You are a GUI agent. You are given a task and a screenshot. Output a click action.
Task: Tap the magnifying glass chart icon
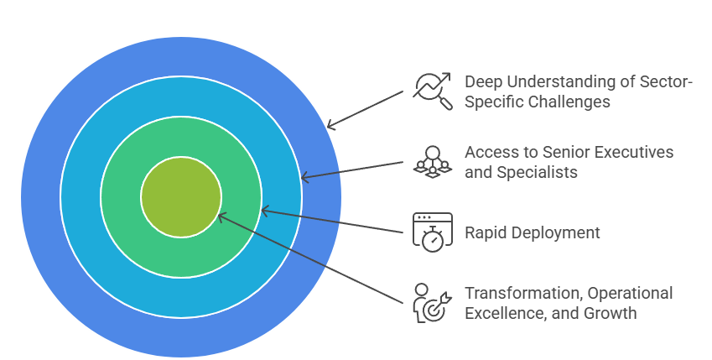click(433, 91)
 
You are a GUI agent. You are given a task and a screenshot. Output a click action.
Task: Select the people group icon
click(433, 160)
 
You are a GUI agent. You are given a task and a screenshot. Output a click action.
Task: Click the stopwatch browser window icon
click(433, 232)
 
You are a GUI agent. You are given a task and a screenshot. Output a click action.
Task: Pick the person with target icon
click(433, 303)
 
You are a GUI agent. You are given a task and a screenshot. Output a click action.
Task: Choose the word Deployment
click(555, 232)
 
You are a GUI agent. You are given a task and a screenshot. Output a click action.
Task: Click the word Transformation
click(522, 293)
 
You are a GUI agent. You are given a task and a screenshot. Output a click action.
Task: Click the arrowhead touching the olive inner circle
click(221, 217)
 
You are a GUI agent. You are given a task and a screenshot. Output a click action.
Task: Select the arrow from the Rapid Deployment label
click(335, 221)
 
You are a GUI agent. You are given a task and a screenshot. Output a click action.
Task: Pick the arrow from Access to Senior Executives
click(352, 170)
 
